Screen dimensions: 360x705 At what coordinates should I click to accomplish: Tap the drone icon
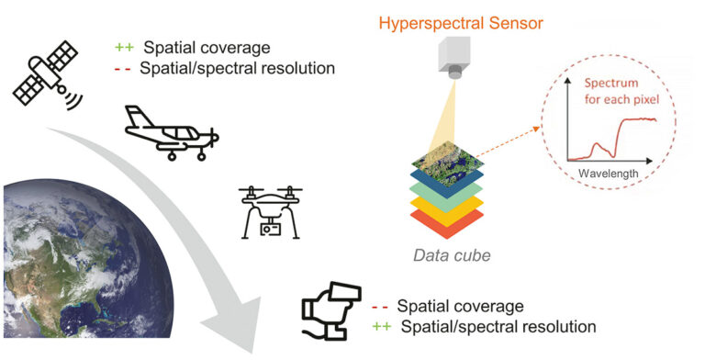tap(270, 211)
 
